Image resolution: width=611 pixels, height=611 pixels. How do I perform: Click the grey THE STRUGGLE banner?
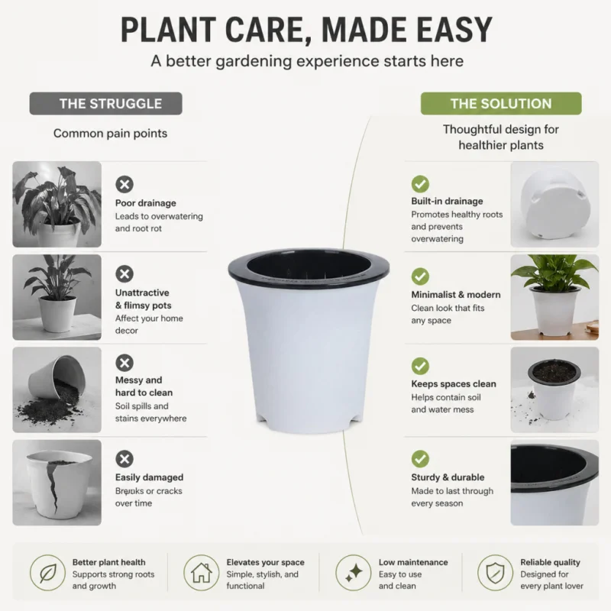(x=105, y=104)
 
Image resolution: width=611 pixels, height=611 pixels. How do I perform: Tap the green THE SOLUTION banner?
(x=501, y=104)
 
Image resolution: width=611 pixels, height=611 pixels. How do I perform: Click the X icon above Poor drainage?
(x=124, y=184)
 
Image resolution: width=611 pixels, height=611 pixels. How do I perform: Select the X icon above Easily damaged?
(x=124, y=459)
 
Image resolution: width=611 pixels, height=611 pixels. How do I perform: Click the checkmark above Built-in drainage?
(x=420, y=184)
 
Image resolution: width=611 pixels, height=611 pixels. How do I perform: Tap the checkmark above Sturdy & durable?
(x=420, y=459)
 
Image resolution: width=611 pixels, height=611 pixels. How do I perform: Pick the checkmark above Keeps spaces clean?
(x=420, y=367)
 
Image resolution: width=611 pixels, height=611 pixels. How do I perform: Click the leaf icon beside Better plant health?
(x=48, y=573)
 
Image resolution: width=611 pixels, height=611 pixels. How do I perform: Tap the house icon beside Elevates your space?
(x=202, y=573)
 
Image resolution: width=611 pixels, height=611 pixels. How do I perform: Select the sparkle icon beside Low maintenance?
(x=354, y=573)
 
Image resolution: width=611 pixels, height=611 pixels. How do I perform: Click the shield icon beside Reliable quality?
(x=495, y=573)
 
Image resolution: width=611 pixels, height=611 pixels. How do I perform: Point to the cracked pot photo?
(x=57, y=483)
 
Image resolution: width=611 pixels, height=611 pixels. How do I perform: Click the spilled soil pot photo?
(x=57, y=390)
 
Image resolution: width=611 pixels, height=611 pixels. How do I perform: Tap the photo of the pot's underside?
(x=555, y=204)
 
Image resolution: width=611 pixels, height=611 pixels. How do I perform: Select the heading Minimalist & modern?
(x=456, y=295)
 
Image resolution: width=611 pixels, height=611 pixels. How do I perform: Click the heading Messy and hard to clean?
(x=144, y=386)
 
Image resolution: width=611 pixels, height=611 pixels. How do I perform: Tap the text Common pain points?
(x=110, y=133)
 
